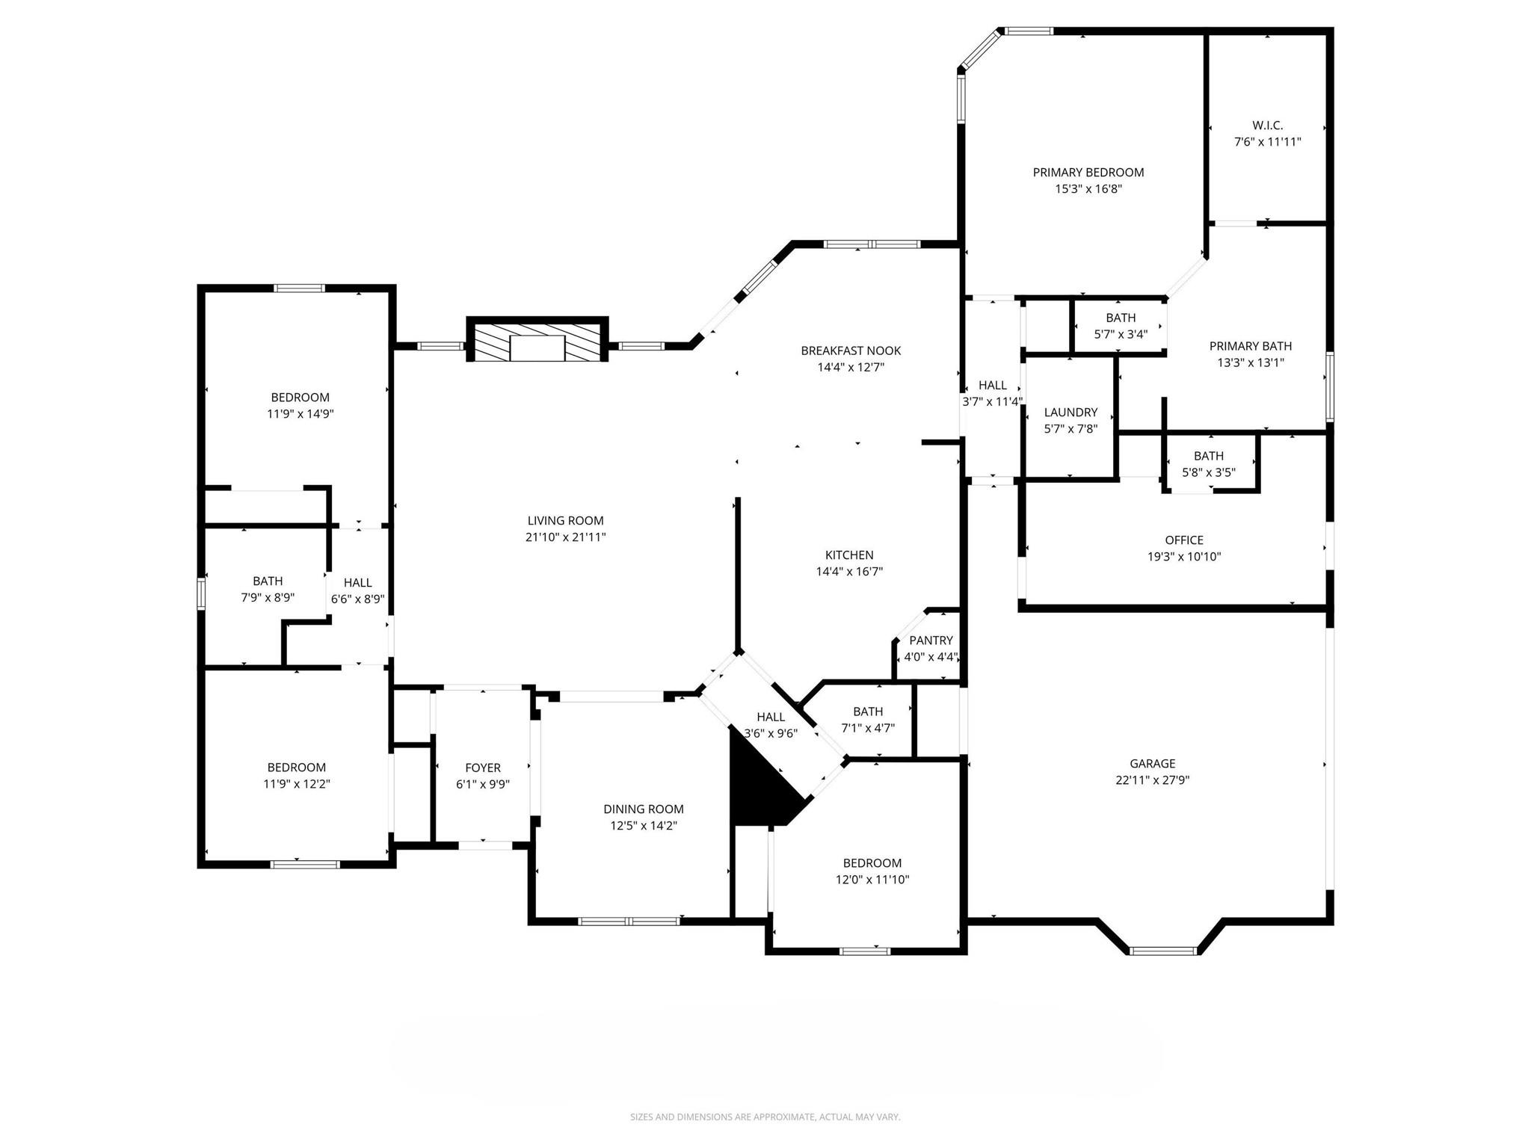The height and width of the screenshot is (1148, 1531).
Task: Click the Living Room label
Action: click(565, 521)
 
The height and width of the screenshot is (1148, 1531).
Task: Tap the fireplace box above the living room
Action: click(537, 340)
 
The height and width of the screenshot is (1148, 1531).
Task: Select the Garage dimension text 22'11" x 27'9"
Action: click(1152, 780)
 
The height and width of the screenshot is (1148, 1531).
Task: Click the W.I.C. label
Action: click(1267, 126)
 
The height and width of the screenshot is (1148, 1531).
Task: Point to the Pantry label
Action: click(931, 641)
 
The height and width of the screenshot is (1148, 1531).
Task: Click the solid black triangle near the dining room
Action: click(759, 789)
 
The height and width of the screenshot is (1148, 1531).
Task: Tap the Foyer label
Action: click(483, 768)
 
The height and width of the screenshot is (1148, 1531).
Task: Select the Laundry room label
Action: click(1071, 413)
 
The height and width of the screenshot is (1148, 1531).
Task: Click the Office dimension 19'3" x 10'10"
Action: click(1184, 557)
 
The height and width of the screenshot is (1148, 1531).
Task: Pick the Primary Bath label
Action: click(1251, 346)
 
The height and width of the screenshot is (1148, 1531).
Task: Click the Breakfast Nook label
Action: click(851, 351)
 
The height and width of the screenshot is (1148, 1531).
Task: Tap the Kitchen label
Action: click(849, 555)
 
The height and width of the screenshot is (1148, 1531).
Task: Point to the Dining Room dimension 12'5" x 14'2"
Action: click(644, 826)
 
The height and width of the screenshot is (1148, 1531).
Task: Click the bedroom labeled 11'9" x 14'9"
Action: click(300, 398)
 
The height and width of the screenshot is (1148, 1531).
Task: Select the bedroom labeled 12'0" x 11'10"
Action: click(872, 863)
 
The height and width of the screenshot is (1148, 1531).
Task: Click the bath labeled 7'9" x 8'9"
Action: click(268, 581)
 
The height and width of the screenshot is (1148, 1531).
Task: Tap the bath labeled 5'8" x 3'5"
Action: click(1208, 456)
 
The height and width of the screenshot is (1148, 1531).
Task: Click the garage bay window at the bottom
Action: click(1162, 951)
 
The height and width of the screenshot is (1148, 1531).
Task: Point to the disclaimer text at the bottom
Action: click(765, 1117)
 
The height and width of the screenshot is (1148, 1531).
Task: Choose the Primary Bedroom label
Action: click(1088, 173)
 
